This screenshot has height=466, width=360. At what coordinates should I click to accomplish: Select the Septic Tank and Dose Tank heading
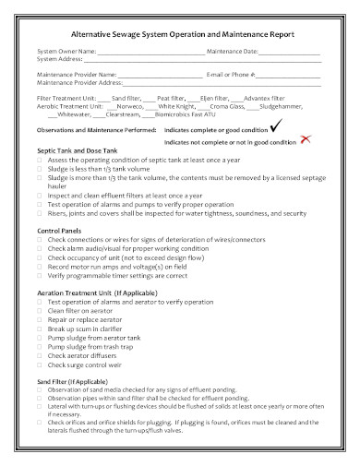pyautogui.click(x=78, y=149)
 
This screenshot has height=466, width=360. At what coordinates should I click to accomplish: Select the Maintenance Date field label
pyautogui.click(x=232, y=51)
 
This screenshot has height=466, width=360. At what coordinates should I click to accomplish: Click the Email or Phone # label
pyautogui.click(x=230, y=73)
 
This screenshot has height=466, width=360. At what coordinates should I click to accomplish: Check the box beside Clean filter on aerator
pyautogui.click(x=40, y=309)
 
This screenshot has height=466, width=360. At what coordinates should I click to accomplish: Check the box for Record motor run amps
pyautogui.click(x=40, y=265)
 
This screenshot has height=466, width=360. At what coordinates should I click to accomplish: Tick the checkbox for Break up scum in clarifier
pyautogui.click(x=40, y=327)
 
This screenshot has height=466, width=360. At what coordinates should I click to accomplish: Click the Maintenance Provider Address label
pyautogui.click(x=78, y=81)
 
